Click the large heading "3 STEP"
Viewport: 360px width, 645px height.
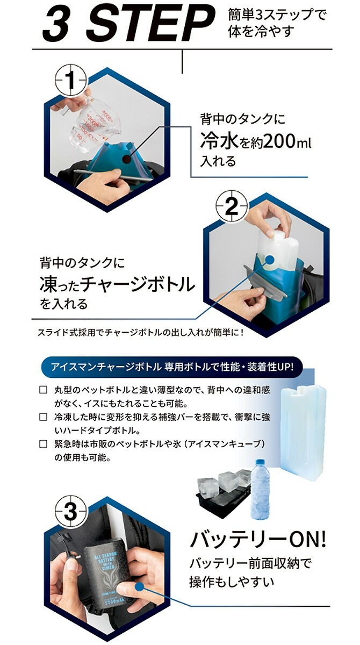128,24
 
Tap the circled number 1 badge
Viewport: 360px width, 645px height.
70,80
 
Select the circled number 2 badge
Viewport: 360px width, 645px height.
232,206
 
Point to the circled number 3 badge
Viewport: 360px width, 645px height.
70,511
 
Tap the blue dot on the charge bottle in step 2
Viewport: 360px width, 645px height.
270,260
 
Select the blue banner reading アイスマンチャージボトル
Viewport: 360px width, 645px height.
172,367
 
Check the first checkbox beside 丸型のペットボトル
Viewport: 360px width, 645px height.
43,390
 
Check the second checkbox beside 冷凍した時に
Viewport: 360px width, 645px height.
43,417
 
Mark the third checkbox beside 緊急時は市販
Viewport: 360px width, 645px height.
43,444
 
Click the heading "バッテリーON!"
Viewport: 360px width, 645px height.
257,540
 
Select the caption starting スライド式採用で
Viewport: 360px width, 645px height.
141,333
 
